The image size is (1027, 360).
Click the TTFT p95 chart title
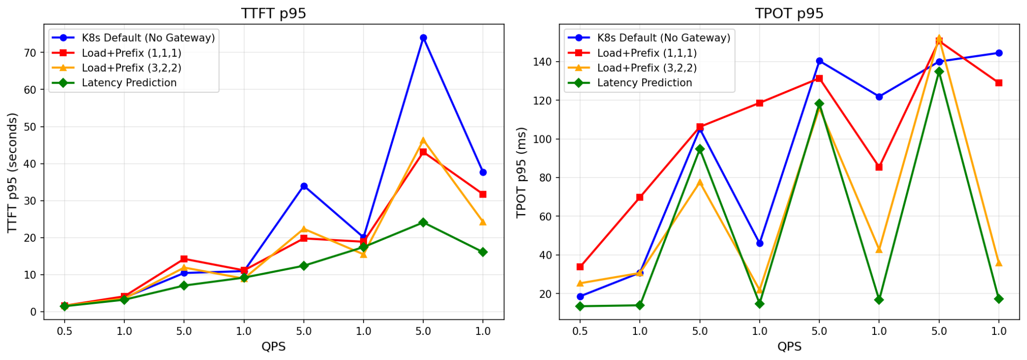[273, 13]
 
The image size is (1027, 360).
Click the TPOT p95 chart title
[789, 13]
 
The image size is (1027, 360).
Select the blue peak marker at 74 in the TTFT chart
[423, 38]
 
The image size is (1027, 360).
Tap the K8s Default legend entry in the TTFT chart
[148, 38]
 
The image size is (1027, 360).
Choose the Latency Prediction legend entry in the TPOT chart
[644, 83]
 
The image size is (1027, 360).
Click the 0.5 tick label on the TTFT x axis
[64, 331]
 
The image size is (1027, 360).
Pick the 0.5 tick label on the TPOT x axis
[580, 331]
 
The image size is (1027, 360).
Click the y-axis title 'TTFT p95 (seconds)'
[13, 172]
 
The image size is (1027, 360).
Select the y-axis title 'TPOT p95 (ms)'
[522, 172]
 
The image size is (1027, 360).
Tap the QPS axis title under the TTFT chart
[273, 346]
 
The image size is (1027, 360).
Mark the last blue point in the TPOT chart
[999, 53]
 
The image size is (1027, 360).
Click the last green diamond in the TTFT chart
[483, 252]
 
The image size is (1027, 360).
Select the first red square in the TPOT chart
[580, 267]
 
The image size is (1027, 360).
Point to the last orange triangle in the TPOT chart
[999, 263]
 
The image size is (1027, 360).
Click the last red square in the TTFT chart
[483, 194]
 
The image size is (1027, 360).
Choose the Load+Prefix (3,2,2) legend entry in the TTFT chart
[131, 68]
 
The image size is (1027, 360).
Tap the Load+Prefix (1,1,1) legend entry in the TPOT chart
[647, 53]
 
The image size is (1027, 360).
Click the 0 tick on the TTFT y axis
[34, 312]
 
